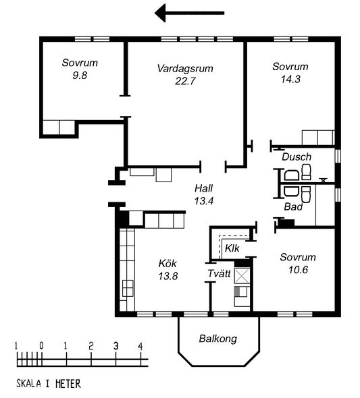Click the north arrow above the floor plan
189,13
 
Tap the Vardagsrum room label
185,69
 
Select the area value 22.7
185,81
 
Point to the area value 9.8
80,76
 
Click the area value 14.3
290,79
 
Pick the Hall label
203,188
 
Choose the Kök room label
168,263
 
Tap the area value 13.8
168,276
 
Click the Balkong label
217,339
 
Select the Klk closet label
232,248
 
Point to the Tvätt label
219,274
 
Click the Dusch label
297,157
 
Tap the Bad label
293,207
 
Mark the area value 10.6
298,270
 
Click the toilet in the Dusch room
306,172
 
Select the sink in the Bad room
291,191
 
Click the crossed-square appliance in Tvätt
242,276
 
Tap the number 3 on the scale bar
116,345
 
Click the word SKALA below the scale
28,384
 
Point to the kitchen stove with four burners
128,288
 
